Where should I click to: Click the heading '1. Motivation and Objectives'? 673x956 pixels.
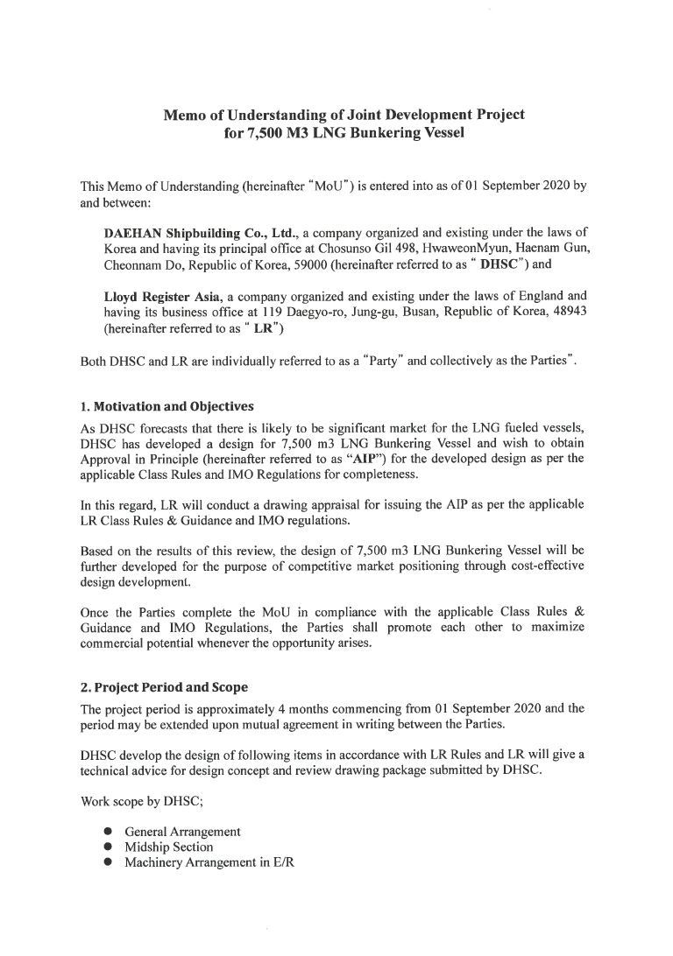pos(166,406)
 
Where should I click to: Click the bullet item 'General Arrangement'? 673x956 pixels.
pos(182,831)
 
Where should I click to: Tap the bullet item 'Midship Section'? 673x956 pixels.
pos(169,847)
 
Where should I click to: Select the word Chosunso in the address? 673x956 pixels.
pos(344,249)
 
